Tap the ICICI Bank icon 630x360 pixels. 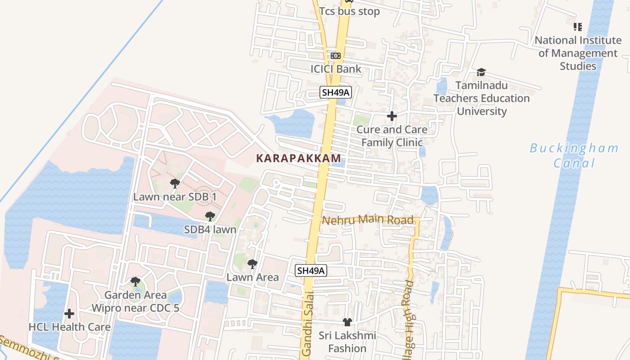coord(336,56)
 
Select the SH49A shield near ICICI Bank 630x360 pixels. coord(336,92)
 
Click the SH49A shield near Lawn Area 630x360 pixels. coord(311,270)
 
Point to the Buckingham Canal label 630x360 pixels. coord(574,155)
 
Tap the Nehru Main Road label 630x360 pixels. coord(368,220)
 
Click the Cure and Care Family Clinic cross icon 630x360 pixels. coord(392,116)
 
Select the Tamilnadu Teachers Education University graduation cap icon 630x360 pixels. coord(481,72)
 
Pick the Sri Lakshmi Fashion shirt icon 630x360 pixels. coord(347,322)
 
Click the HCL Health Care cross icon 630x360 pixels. coord(69,313)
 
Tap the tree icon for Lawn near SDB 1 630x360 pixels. coord(175,183)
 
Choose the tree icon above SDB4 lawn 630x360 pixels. coord(210,216)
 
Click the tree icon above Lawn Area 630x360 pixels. coord(252,264)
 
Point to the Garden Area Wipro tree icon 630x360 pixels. coord(135,282)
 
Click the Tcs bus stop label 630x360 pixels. coord(349,12)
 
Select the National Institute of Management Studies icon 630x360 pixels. coord(578,27)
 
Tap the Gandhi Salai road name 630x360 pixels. coord(307,324)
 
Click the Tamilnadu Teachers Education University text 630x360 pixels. coord(481,98)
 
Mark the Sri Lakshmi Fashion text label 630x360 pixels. coord(347,342)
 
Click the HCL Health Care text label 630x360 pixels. coord(69,327)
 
